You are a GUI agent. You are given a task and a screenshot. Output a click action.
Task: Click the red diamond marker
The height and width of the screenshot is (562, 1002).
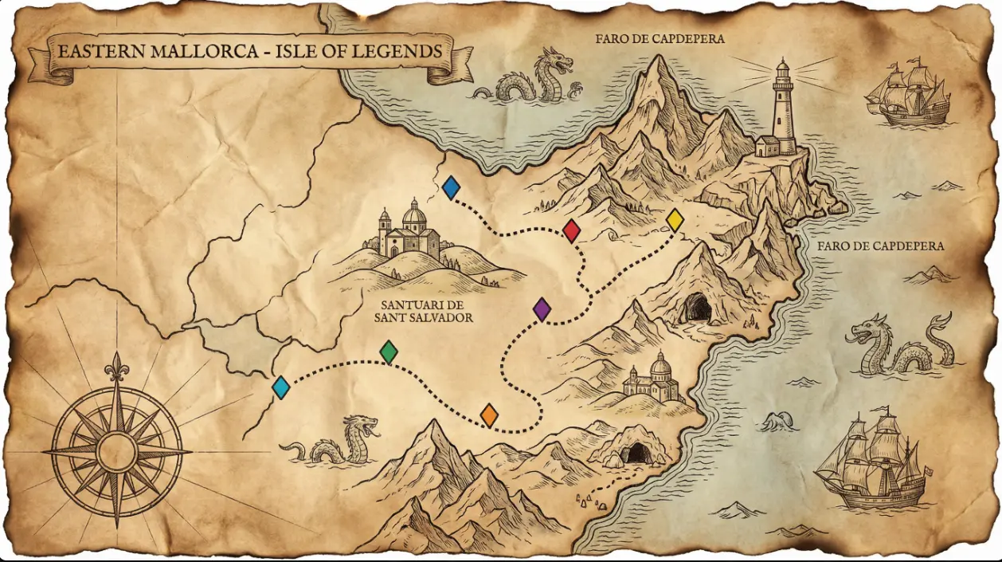tap(571, 231)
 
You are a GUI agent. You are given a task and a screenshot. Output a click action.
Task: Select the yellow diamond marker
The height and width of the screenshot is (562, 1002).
tap(675, 220)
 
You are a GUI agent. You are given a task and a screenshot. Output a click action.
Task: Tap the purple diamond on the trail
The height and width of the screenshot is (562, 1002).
tap(542, 309)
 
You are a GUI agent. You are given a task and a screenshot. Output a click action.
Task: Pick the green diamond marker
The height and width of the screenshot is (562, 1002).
tap(389, 352)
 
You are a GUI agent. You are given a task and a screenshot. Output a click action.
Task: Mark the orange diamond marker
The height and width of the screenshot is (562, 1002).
tap(489, 415)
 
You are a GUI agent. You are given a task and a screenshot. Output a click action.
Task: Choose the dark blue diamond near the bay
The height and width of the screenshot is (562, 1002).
tap(451, 188)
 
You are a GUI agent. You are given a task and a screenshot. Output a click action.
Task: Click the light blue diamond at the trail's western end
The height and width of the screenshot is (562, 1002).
tap(280, 387)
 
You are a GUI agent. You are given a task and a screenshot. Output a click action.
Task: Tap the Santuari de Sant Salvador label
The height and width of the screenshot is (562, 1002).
tap(424, 312)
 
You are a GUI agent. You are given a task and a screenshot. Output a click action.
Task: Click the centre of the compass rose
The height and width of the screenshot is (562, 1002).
tap(117, 451)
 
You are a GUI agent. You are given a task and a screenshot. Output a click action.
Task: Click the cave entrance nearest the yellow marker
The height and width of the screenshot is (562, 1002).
tap(698, 308)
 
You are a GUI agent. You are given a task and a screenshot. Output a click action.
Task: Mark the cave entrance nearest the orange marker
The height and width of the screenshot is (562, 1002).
tap(636, 453)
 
